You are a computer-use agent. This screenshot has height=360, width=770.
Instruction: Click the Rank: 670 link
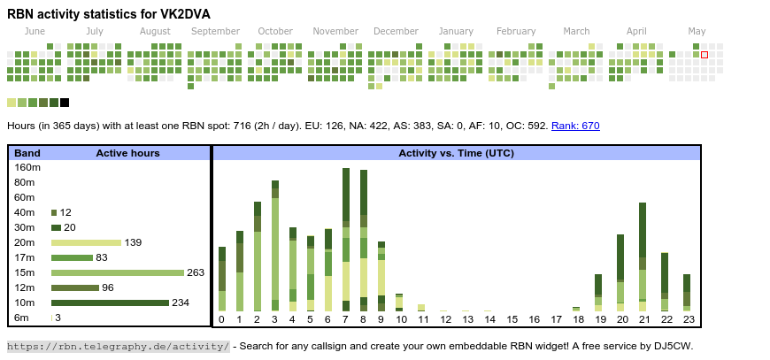tap(575, 126)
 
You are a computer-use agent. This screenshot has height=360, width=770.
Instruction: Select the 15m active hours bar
tap(118, 272)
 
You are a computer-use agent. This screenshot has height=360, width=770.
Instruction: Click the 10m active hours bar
tap(110, 303)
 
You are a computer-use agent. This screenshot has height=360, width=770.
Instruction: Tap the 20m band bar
tap(86, 242)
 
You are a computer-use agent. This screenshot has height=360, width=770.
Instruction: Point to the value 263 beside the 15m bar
tap(196, 272)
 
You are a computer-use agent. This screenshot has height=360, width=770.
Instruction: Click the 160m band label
tap(27, 167)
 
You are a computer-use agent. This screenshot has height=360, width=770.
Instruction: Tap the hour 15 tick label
tap(512, 319)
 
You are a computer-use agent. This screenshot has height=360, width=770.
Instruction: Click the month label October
tap(275, 31)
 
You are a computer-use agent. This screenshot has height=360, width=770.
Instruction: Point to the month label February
tap(516, 31)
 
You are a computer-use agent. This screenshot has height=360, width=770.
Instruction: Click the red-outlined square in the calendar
tap(705, 55)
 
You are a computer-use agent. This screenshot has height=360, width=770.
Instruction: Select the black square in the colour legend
tap(65, 103)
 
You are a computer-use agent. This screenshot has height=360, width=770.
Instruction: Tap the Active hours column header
tap(127, 153)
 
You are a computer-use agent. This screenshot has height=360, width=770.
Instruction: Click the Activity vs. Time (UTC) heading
tap(456, 153)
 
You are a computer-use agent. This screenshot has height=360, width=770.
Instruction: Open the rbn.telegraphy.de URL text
tap(119, 346)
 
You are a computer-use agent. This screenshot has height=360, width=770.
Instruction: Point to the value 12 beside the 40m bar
tap(65, 212)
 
